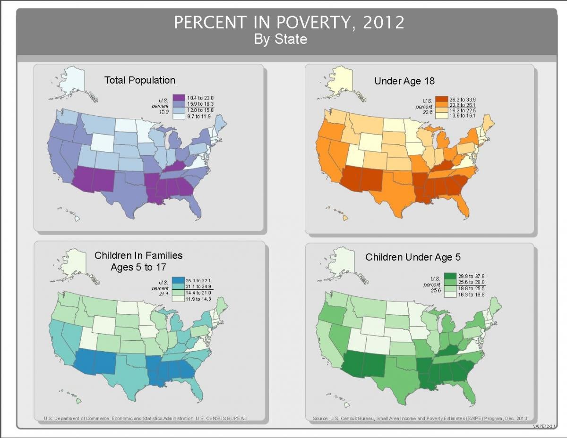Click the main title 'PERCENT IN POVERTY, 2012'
click(289, 22)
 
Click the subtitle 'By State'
click(280, 39)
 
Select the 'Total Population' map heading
click(139, 80)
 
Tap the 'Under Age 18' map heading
click(404, 81)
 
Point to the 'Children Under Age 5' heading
click(412, 257)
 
